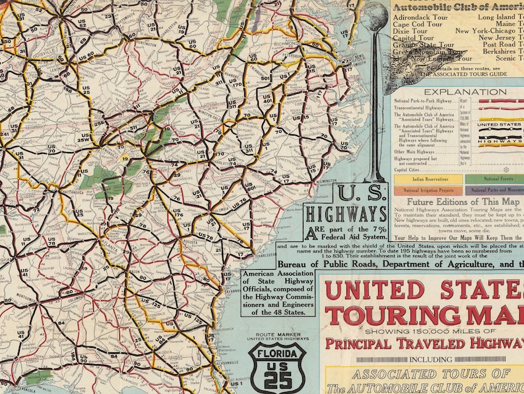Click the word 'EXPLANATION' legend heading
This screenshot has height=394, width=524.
click(x=465, y=92)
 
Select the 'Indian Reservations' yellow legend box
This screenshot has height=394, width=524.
click(x=428, y=178)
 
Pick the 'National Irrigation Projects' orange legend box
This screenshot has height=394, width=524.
click(x=428, y=190)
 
